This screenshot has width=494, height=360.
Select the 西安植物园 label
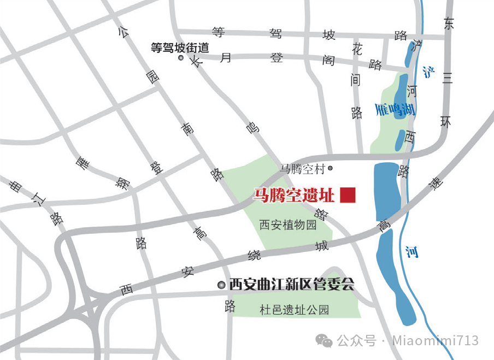(x=287, y=225)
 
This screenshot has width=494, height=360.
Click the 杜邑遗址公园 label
(x=295, y=310)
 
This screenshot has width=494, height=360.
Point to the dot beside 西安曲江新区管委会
(x=221, y=285)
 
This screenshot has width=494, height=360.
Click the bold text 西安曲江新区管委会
(x=292, y=285)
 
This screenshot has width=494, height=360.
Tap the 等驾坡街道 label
(x=180, y=48)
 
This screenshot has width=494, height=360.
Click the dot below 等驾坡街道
(x=181, y=58)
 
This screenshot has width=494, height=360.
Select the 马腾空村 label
(x=302, y=169)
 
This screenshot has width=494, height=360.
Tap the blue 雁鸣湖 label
(x=396, y=110)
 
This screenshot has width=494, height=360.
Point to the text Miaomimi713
(x=436, y=341)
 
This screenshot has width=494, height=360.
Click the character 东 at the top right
(x=449, y=23)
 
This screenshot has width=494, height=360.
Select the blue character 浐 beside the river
(x=428, y=72)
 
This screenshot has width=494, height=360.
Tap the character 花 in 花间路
(x=357, y=49)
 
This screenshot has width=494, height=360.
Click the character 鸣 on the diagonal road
(x=251, y=128)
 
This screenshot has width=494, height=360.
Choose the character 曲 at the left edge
(x=16, y=186)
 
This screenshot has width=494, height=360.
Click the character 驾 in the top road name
(x=275, y=34)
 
